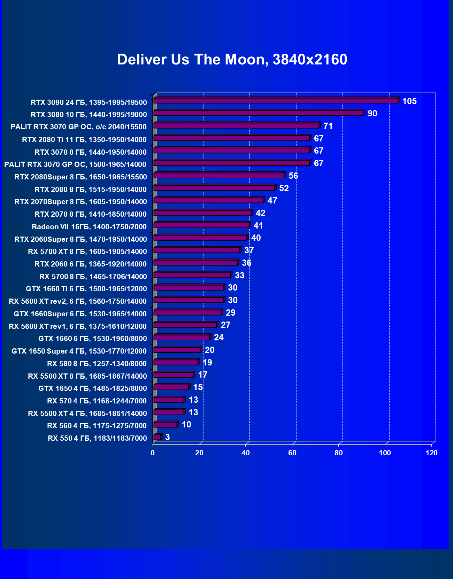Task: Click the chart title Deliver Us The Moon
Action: tap(232, 60)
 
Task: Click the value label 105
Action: tap(409, 101)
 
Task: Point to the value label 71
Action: tap(328, 126)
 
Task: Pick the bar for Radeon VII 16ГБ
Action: tap(201, 225)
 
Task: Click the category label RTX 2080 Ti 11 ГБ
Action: tap(84, 140)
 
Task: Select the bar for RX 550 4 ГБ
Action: tap(157, 437)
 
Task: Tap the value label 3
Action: tap(168, 437)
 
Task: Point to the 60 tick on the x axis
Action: tap(292, 453)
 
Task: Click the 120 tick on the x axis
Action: tap(431, 453)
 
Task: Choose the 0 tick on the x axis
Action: tap(153, 453)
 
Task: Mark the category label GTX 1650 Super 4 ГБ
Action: tap(79, 351)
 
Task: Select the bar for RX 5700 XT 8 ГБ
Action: tap(197, 250)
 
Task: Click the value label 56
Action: tap(293, 176)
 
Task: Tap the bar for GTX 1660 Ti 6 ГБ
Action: tap(189, 287)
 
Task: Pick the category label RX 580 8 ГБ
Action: tap(97, 364)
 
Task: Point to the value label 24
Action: tap(219, 338)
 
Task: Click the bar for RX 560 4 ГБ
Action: tap(165, 425)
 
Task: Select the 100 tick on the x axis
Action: tap(385, 453)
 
